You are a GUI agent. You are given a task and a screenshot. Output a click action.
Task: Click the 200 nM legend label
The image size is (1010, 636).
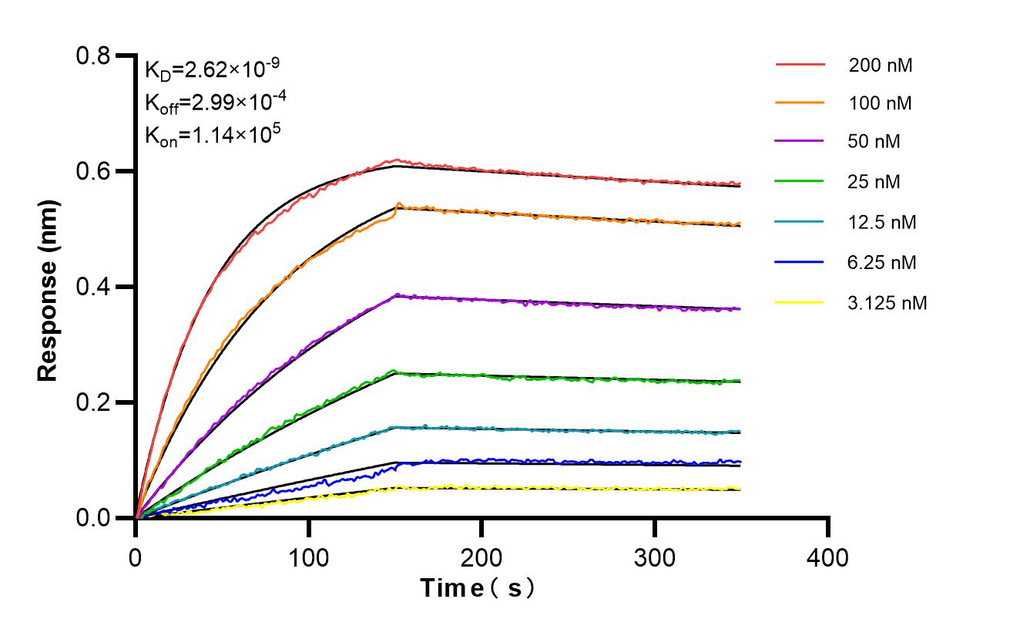pos(881,66)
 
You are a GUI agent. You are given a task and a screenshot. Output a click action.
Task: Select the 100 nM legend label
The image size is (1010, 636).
pos(881,103)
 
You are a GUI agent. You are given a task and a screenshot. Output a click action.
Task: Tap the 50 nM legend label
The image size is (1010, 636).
pos(874,142)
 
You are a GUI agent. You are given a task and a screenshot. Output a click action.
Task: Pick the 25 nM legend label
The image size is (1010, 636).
pos(874,182)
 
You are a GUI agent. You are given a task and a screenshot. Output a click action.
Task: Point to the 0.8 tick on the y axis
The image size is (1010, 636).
pos(92,56)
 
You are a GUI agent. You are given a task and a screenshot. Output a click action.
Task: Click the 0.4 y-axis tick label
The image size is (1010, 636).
pos(92,287)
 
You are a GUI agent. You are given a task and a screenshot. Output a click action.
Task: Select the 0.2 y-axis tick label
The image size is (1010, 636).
pos(92,402)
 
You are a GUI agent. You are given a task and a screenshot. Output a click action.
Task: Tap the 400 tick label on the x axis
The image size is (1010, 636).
pos(828,557)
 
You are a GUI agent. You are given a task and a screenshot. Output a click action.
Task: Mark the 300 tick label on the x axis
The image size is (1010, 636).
pos(655,557)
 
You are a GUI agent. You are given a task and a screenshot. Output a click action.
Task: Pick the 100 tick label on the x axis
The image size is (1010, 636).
pos(309,557)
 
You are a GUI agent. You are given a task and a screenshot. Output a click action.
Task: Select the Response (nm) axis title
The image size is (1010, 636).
pos(48,287)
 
